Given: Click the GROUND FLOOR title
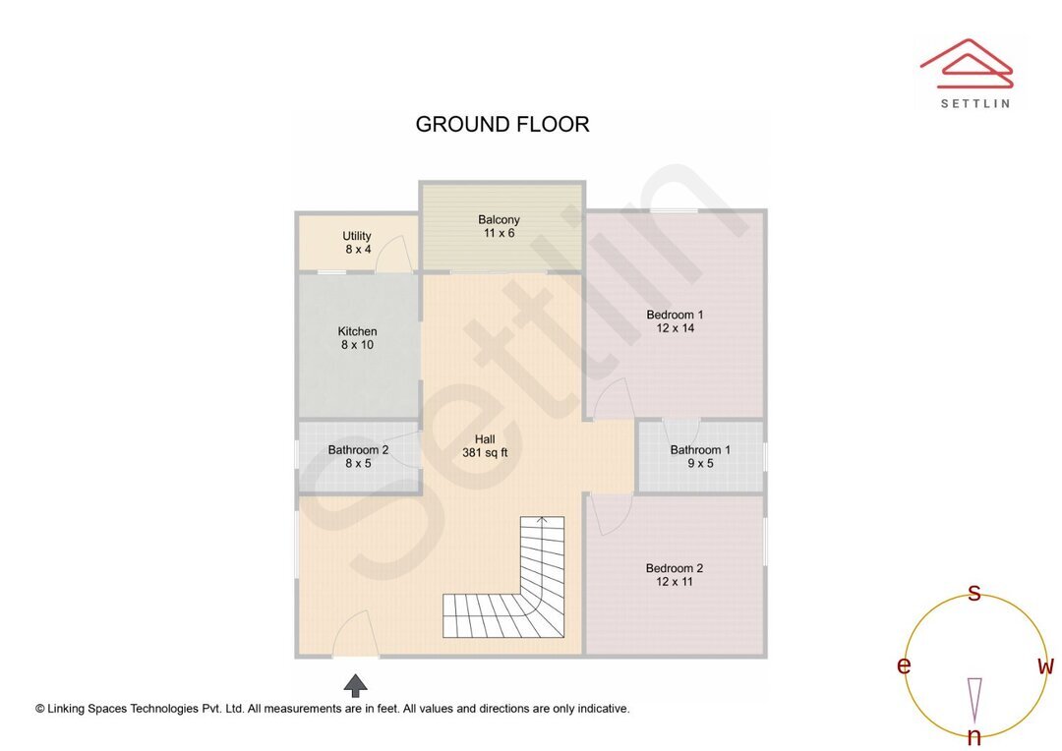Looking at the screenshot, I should click(x=501, y=125).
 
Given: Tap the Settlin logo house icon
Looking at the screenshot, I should click(x=966, y=60).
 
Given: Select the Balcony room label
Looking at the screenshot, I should click(x=499, y=226).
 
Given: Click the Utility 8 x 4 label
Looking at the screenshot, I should click(x=357, y=243).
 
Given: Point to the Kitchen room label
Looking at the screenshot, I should click(x=357, y=338).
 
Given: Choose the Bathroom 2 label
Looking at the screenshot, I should click(x=358, y=456).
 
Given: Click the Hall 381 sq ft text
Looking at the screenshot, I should click(x=485, y=446).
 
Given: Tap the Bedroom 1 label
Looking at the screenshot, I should click(x=675, y=321).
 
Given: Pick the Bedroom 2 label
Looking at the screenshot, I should click(x=675, y=574).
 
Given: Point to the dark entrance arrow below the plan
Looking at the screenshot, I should click(x=356, y=684).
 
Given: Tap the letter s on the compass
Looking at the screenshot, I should click(x=974, y=593).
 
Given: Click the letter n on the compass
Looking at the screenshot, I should click(x=974, y=736).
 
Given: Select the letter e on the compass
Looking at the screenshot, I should click(x=904, y=666).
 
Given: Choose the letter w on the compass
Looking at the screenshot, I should click(x=1045, y=666).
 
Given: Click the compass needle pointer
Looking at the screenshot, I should click(x=974, y=698).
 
